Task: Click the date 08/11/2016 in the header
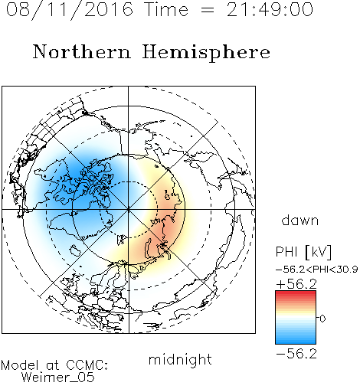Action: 70,10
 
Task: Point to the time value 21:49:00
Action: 270,9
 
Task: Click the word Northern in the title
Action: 82,51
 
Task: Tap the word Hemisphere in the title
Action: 206,53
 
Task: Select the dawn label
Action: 300,220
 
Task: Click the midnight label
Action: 180,359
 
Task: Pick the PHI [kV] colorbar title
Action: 303,252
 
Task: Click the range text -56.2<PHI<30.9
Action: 317,270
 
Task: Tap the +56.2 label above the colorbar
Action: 296,284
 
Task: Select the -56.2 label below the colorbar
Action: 296,354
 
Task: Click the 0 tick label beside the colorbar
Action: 322,319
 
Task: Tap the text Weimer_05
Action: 58,378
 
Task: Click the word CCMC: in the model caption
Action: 87,365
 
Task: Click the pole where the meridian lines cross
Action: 129,209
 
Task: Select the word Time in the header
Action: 166,9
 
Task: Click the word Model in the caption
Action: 20,365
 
